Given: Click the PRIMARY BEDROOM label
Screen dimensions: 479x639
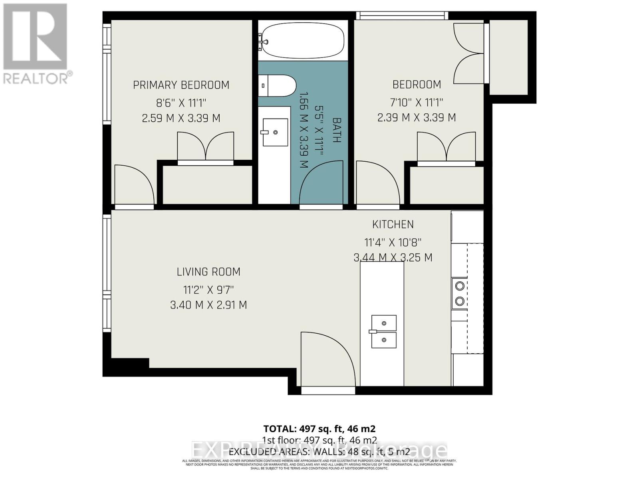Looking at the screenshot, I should click(x=181, y=85).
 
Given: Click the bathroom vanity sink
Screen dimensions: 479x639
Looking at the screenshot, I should click(x=275, y=132).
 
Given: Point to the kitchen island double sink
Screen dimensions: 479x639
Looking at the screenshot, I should click(x=384, y=331).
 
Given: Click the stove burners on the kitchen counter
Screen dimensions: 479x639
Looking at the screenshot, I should click(x=460, y=293).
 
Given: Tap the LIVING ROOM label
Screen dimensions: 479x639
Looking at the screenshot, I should click(x=208, y=272).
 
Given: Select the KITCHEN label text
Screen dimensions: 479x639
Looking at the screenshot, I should click(x=393, y=224).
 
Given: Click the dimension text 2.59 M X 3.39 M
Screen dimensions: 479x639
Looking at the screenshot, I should click(x=181, y=118).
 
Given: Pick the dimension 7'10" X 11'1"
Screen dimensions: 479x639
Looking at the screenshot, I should click(x=417, y=103).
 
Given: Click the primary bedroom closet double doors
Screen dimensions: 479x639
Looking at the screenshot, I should click(x=205, y=147).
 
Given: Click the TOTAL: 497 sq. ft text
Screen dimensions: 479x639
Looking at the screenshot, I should click(x=319, y=429).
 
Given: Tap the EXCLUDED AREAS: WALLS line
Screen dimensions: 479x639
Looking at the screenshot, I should click(x=319, y=452).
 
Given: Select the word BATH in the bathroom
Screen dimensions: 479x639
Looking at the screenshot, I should click(x=337, y=130).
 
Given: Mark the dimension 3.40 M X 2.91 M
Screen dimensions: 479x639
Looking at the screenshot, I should click(x=208, y=305).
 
